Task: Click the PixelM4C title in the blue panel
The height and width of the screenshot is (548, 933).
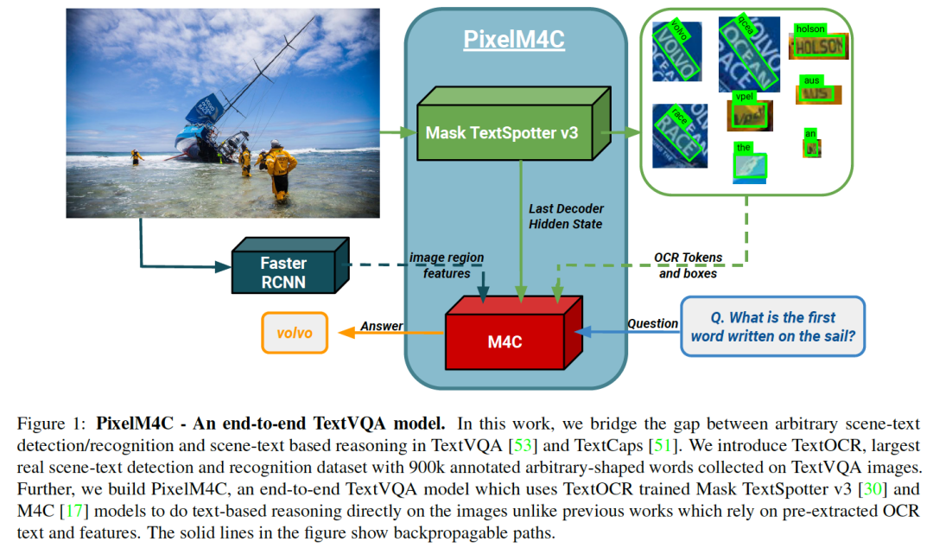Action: tap(514, 41)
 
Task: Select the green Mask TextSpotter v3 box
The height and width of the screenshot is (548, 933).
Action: tap(501, 133)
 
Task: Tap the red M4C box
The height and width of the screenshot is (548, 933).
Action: tap(505, 341)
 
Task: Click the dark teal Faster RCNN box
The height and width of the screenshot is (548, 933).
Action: tap(284, 271)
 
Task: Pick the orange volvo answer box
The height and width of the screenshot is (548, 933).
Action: tap(295, 333)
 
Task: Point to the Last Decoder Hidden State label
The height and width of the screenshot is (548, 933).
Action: tap(566, 216)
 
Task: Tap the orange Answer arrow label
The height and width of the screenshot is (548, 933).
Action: tap(381, 326)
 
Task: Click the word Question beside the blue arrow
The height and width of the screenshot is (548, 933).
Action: tap(652, 323)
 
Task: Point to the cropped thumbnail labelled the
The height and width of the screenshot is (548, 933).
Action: tap(749, 165)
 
